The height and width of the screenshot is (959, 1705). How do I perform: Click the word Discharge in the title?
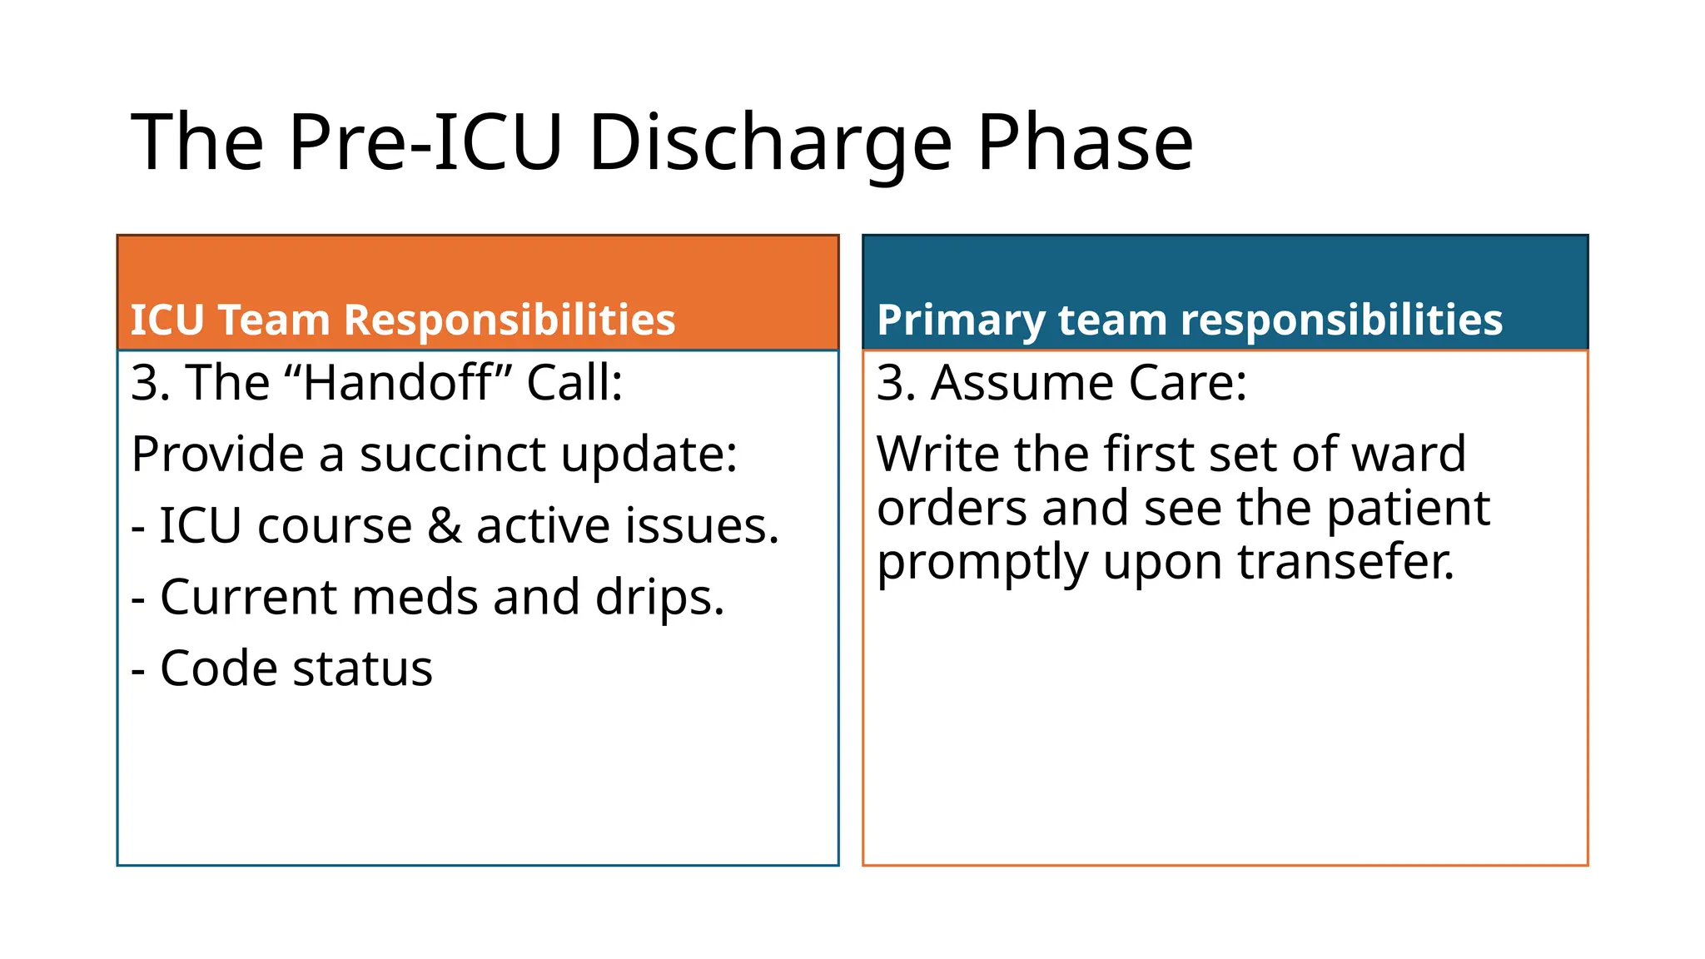coord(770,143)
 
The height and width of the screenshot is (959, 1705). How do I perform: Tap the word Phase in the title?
coord(1085,143)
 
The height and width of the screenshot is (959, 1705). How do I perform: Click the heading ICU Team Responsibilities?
coord(403,320)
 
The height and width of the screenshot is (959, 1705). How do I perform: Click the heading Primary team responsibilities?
coord(1190,320)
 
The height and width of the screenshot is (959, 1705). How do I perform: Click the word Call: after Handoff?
coord(574,383)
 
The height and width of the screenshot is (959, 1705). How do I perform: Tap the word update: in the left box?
coord(649,455)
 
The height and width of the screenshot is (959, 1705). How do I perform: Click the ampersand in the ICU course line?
coord(444,526)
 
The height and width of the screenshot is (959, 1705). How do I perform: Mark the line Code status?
coord(282,668)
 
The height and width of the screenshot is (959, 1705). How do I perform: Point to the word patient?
coord(1407,509)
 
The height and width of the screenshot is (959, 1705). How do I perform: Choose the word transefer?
coord(1346,562)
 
